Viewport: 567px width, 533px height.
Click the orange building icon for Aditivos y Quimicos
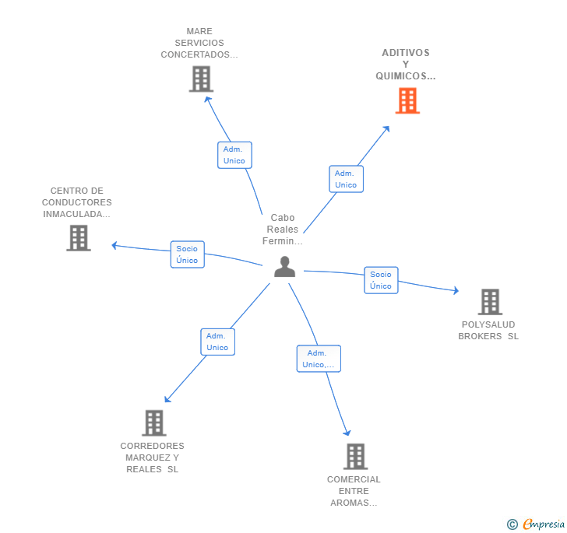[407, 100]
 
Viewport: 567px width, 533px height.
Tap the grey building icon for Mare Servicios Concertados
[201, 79]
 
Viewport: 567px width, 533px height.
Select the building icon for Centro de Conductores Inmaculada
[79, 238]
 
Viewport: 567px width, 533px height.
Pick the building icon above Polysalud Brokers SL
[490, 302]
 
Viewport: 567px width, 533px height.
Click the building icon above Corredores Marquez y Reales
[154, 423]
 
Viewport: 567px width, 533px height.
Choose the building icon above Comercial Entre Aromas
[355, 456]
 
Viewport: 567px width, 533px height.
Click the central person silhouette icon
[285, 267]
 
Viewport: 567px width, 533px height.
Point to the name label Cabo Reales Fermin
[283, 230]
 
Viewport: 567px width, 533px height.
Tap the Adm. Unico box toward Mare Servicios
[234, 155]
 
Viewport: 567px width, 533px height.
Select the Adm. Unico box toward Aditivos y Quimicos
[346, 179]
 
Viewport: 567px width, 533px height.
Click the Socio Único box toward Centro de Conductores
[187, 254]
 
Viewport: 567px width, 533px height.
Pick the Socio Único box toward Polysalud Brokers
[381, 280]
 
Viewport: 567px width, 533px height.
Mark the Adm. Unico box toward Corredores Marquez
[217, 342]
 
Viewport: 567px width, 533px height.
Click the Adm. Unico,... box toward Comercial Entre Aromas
[319, 359]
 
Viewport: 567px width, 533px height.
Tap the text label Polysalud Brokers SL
[488, 331]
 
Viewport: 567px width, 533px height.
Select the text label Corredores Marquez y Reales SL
[153, 458]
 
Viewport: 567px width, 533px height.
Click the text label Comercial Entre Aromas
[354, 491]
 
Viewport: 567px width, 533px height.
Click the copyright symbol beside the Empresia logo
[512, 524]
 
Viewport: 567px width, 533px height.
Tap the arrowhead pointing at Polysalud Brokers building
[456, 291]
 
